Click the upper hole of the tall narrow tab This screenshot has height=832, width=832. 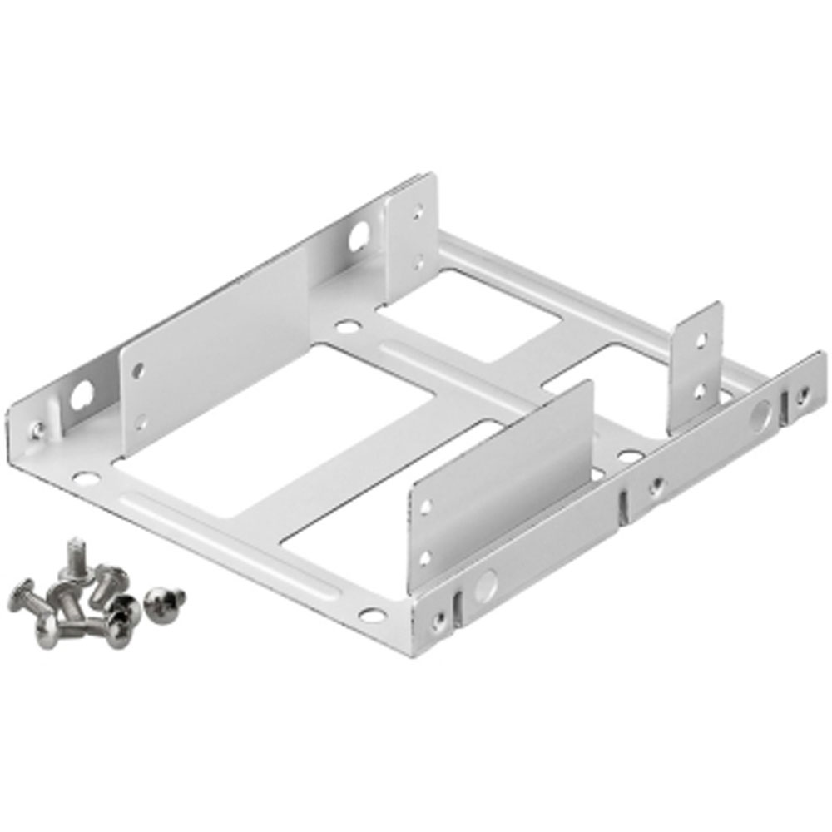[701, 339]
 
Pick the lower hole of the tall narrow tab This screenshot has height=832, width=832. [699, 389]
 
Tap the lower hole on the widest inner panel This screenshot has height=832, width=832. [141, 423]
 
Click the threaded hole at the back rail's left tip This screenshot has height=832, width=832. [37, 430]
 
